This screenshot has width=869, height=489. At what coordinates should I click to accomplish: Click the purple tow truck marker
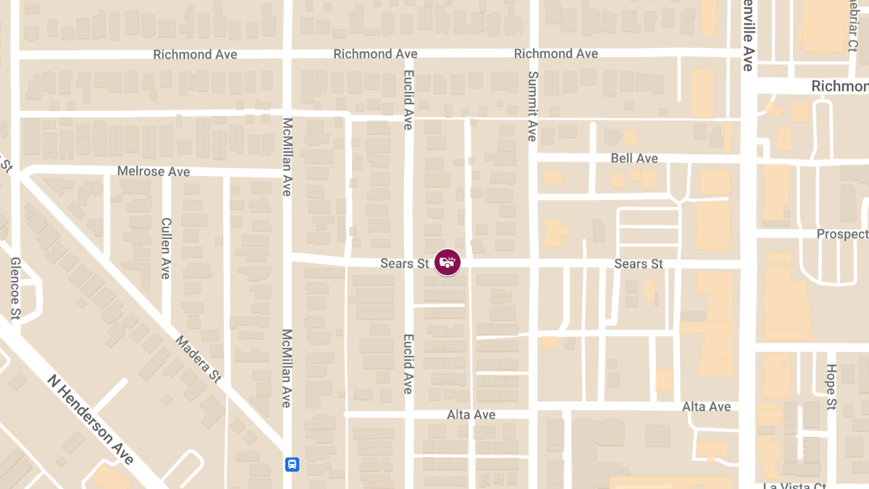click(x=448, y=262)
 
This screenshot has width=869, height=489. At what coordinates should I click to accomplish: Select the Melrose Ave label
click(x=154, y=172)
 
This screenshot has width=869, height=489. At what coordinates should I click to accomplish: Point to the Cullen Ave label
click(x=166, y=248)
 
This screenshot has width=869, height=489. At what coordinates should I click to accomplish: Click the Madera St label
click(x=198, y=359)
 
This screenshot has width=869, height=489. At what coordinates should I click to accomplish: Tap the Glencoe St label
click(x=15, y=289)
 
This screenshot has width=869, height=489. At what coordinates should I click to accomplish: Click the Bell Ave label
click(x=634, y=158)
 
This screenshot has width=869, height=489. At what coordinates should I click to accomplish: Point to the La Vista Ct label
click(x=794, y=486)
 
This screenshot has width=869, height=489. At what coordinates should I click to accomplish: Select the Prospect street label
click(x=842, y=234)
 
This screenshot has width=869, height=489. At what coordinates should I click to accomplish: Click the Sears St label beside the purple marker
click(x=406, y=264)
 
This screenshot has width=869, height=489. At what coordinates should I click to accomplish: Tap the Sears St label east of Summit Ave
click(x=638, y=264)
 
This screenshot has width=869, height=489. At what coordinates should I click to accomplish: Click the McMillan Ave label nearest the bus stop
click(x=287, y=369)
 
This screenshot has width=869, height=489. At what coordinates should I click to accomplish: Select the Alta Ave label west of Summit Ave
click(x=471, y=414)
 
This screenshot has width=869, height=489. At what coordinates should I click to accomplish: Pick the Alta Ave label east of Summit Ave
click(x=706, y=407)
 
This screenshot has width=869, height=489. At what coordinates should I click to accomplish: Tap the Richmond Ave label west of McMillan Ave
click(x=195, y=54)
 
